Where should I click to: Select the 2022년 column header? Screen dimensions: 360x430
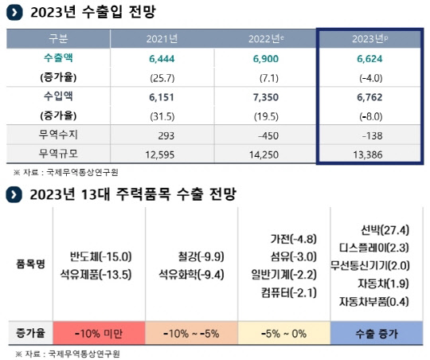267,40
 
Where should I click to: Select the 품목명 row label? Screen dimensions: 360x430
29,265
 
